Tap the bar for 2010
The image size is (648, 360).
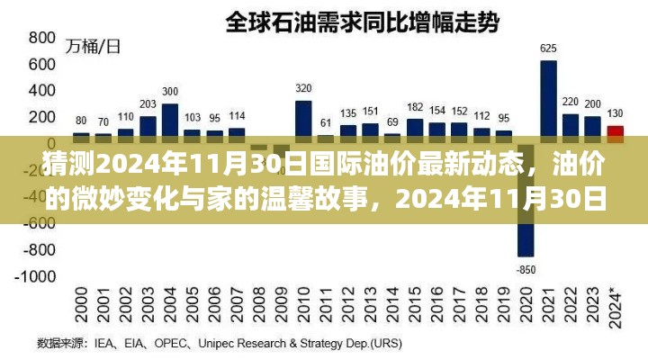[303, 117]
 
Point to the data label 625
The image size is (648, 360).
[548, 48]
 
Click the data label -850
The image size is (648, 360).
[526, 269]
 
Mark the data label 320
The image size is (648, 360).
[303, 88]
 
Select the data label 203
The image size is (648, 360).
[148, 103]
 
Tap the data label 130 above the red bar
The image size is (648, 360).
[616, 113]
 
